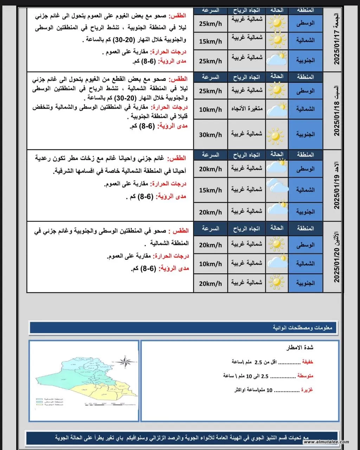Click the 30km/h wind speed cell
210,135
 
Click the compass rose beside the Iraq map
126,361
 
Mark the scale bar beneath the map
105,403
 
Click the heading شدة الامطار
300,347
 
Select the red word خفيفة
308,362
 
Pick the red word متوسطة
305,376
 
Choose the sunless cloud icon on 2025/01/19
277,186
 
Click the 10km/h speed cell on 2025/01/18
210,110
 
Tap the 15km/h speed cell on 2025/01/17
210,41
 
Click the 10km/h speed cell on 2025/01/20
210,264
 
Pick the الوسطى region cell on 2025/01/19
305,169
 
